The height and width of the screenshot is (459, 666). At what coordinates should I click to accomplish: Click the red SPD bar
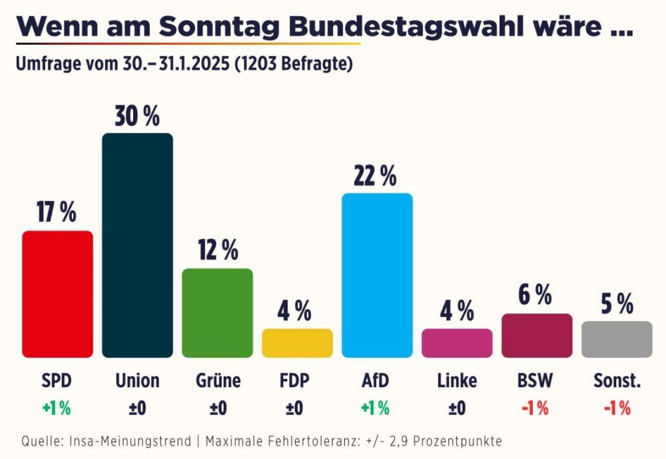57,294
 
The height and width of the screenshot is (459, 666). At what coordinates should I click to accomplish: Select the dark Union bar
138,245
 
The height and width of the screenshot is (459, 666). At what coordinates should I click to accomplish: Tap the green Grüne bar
218,313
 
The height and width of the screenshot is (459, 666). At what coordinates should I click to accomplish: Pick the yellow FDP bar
297,343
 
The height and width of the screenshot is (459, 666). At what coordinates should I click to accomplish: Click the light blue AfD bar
377,275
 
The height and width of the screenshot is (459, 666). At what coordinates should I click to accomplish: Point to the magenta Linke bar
457,343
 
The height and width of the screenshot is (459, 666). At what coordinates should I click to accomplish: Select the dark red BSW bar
537,336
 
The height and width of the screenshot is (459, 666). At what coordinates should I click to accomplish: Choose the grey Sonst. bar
617,339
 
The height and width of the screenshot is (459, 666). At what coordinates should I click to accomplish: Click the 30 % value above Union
137,116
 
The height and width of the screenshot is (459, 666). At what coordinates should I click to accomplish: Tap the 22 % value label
375,176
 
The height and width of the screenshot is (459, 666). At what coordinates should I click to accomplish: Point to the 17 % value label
57,212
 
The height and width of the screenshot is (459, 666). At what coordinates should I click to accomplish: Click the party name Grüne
218,380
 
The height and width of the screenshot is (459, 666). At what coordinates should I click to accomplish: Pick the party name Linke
457,380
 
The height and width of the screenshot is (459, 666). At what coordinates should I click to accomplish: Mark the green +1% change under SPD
57,408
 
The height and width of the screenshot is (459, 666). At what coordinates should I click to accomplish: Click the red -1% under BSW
535,408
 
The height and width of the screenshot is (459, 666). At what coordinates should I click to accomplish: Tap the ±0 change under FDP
294,408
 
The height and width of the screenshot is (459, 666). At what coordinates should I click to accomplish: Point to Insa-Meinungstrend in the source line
130,441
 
